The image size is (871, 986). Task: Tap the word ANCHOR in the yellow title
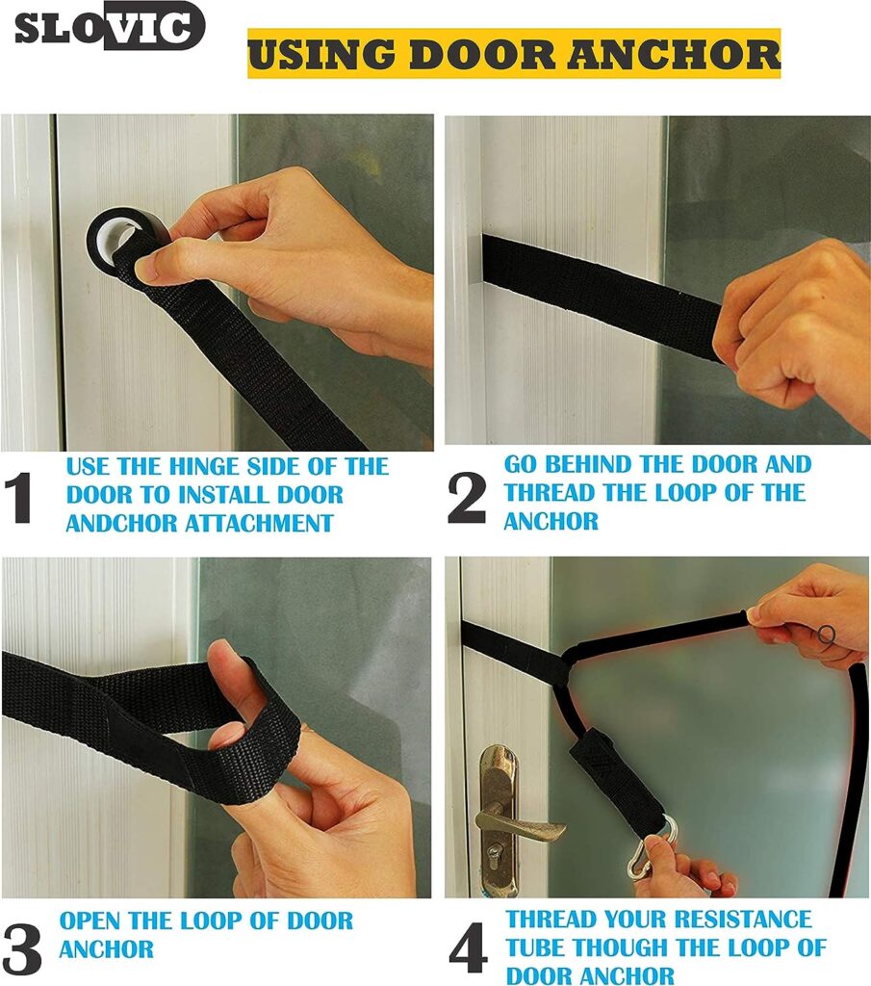coord(675,54)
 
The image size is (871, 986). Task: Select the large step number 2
coord(467,499)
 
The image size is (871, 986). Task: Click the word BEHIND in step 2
coord(591,464)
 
